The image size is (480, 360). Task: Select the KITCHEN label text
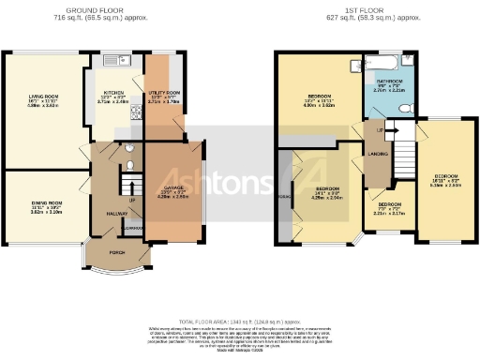tap(112, 95)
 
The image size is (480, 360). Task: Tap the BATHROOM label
tap(389, 82)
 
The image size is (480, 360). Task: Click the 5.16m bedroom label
tap(446, 181)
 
